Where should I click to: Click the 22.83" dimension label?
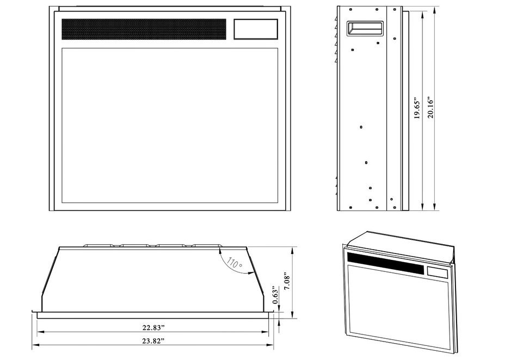pos(153,328)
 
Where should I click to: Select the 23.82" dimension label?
pos(153,341)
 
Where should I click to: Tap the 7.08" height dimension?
pos(287,281)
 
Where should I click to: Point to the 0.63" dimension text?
pos(276,295)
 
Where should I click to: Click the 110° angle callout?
pos(235,263)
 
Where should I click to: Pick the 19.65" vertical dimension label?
pos(417,108)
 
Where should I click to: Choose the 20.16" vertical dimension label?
pos(430,107)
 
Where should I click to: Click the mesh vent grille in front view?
pos(144,29)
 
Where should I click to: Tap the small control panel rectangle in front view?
pos(256,29)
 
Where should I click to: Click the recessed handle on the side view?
pos(365,28)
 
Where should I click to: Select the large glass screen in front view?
pos(170,126)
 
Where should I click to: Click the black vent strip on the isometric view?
pos(385,263)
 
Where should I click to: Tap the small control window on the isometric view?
pos(438,272)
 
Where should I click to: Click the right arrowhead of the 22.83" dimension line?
pos(265,332)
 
